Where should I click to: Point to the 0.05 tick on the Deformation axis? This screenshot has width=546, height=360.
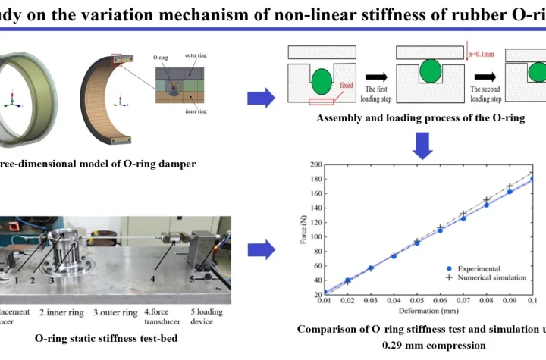pos(416,301)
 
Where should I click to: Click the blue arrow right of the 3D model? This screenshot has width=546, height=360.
pos(261,98)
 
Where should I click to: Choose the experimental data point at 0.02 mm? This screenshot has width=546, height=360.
pos(347,280)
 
